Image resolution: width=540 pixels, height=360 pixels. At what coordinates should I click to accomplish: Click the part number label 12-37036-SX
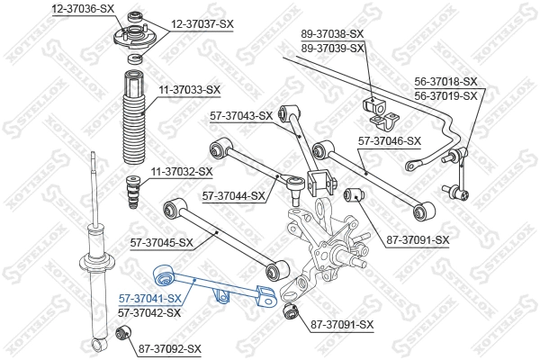[83, 7]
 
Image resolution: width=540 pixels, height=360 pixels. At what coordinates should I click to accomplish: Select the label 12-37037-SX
[202, 25]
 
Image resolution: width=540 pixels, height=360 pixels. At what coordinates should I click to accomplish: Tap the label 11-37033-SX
[189, 89]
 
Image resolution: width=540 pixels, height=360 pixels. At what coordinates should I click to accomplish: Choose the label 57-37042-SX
[149, 312]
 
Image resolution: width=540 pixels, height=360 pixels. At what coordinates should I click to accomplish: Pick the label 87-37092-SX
[169, 347]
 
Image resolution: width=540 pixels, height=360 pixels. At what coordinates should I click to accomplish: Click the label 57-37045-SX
[162, 242]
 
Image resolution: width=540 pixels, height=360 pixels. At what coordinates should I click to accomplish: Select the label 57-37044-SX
[233, 194]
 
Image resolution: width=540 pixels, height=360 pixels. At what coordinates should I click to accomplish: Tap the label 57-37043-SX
[240, 115]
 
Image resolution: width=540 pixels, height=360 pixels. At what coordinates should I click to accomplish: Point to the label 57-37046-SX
[389, 140]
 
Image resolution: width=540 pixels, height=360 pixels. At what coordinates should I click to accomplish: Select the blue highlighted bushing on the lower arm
[165, 272]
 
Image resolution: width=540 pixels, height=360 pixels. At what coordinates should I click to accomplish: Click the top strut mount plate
[132, 40]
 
